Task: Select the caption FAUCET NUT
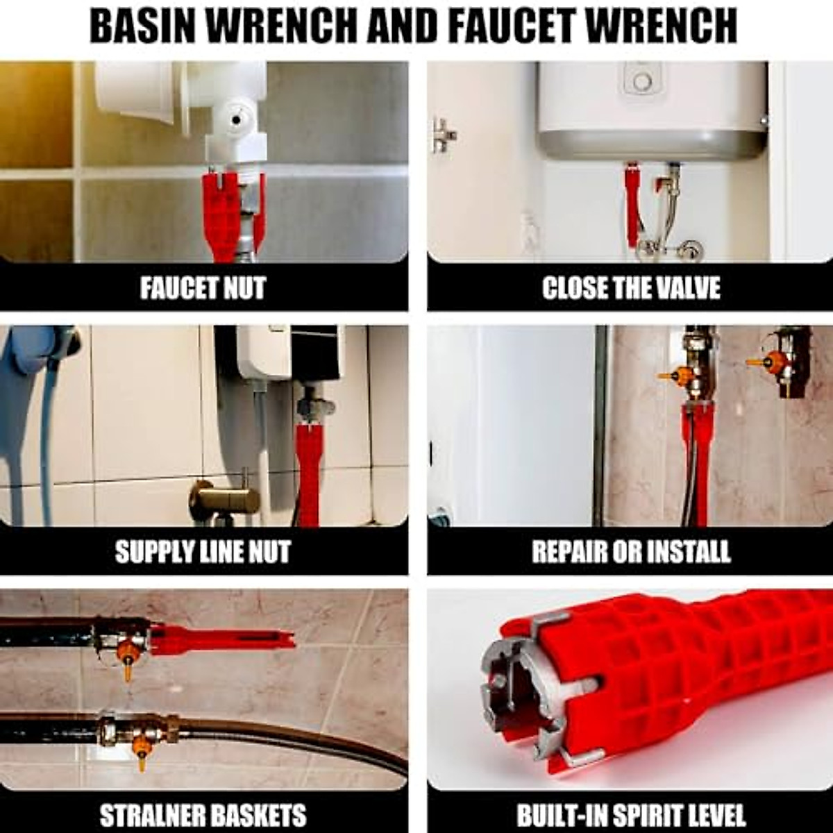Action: pyautogui.click(x=203, y=287)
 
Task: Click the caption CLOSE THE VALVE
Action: pyautogui.click(x=630, y=287)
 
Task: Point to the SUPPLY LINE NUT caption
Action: pyautogui.click(x=203, y=551)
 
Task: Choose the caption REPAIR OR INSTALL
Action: pyautogui.click(x=630, y=551)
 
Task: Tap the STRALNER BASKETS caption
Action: pyautogui.click(x=203, y=814)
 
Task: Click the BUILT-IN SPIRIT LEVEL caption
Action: pyautogui.click(x=630, y=814)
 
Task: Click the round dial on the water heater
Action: pyautogui.click(x=642, y=82)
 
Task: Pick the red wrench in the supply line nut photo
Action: pyautogui.click(x=308, y=472)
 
